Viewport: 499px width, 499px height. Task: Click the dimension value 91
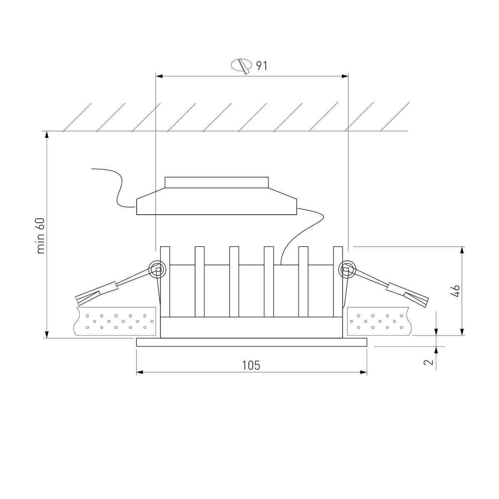pos(261,66)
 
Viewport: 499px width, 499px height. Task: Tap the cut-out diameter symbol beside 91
pos(241,66)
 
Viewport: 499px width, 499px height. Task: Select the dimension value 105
pos(251,366)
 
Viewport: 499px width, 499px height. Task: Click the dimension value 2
pos(429,361)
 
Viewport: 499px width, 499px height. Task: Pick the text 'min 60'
pos(41,236)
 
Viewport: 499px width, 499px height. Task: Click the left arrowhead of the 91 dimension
pos(159,76)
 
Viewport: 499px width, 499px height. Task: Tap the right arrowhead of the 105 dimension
pos(363,372)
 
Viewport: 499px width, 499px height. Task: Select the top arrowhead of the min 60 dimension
pos(47,135)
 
